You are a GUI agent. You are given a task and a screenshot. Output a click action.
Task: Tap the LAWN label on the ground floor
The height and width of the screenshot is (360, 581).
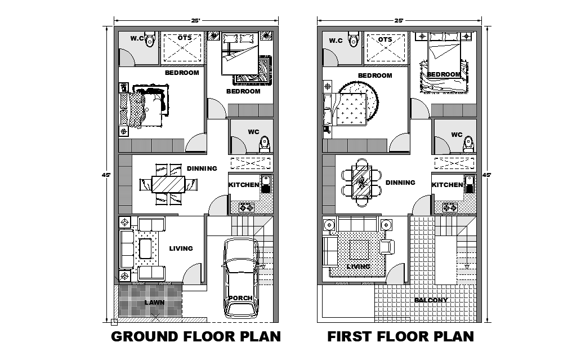[x=154, y=303]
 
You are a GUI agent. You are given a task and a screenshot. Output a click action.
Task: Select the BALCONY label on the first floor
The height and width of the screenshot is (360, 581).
[x=431, y=300]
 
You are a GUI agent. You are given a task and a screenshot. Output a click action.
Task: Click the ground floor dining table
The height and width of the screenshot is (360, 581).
[x=168, y=184]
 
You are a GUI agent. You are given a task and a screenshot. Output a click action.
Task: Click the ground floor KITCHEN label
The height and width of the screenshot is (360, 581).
[x=244, y=185]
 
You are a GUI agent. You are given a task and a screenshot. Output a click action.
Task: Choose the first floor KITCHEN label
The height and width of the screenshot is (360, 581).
[x=447, y=185]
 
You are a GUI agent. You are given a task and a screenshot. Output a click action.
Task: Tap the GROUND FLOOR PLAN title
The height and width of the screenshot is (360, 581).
[x=195, y=337]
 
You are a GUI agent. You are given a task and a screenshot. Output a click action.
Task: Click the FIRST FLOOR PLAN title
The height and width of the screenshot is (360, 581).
[x=401, y=337]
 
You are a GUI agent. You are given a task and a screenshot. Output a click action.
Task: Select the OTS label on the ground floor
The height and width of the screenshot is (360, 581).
[x=185, y=38]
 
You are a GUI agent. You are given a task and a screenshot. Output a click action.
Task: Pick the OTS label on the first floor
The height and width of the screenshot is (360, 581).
[x=385, y=40]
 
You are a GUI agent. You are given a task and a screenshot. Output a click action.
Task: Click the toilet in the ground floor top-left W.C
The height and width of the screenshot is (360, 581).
[x=150, y=40]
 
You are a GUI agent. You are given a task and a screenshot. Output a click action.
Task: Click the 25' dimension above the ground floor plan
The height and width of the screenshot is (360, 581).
[x=195, y=21]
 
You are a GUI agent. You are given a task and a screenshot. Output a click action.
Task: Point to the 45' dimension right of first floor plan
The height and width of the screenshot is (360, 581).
[x=487, y=175]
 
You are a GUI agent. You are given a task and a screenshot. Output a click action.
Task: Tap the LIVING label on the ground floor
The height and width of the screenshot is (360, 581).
[x=181, y=248]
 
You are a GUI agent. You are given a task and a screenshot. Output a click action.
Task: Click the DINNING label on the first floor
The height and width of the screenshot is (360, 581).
[x=400, y=183]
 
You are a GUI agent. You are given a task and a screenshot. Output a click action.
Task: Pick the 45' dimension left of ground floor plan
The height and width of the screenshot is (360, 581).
[x=106, y=175]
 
